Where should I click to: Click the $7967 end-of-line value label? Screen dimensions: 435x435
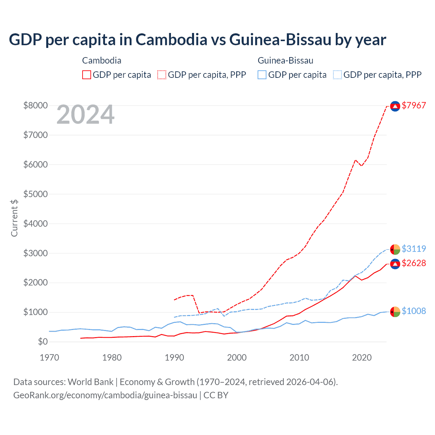click(x=414, y=105)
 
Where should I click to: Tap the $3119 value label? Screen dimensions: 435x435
click(x=414, y=249)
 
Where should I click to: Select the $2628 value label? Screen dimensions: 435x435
click(x=414, y=263)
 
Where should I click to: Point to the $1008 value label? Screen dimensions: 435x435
click(x=414, y=311)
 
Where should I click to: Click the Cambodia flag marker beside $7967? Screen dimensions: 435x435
click(x=395, y=106)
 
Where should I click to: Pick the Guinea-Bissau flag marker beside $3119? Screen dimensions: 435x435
click(x=395, y=249)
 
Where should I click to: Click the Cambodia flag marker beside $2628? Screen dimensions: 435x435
click(x=395, y=264)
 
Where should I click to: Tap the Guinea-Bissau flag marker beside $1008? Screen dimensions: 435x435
click(x=395, y=312)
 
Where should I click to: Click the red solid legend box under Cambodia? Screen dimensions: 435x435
click(x=87, y=75)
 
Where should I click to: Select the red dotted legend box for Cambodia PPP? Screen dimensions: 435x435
click(x=162, y=75)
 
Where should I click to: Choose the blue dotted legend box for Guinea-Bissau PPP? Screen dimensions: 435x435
click(x=337, y=75)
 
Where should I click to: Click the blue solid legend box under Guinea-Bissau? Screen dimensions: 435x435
click(x=262, y=75)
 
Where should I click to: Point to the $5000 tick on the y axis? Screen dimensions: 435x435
click(x=35, y=194)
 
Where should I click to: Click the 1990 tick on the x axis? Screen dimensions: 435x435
click(x=174, y=358)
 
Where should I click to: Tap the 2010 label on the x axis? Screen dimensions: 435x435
click(x=299, y=358)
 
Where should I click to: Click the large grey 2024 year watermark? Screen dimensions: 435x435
click(x=85, y=115)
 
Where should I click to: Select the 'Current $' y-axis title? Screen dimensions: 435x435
click(x=14, y=218)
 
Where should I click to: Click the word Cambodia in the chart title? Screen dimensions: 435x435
click(x=171, y=39)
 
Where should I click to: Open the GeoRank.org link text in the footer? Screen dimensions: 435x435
click(x=105, y=395)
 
